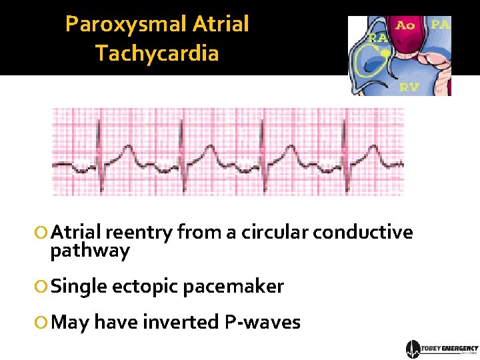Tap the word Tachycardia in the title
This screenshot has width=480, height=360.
coord(157,53)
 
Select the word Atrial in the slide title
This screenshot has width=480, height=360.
coord(220,25)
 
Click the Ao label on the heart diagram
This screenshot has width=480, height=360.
coord(405,26)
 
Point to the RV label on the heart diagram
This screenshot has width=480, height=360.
coord(409,87)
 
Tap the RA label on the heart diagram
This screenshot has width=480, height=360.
coord(378,39)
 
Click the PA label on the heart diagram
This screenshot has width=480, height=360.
coord(440,25)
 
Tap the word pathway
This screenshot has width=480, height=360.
coord(90,251)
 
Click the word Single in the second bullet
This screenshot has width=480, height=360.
coord(79,287)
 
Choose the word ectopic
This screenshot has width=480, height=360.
coord(145,287)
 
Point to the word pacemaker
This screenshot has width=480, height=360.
coord(233,287)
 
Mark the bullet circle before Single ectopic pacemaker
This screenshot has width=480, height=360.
coord(41,287)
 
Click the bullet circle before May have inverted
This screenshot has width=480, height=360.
coord(41,323)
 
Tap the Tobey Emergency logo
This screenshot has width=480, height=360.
coord(441,349)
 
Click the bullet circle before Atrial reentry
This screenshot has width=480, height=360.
coord(41,233)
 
